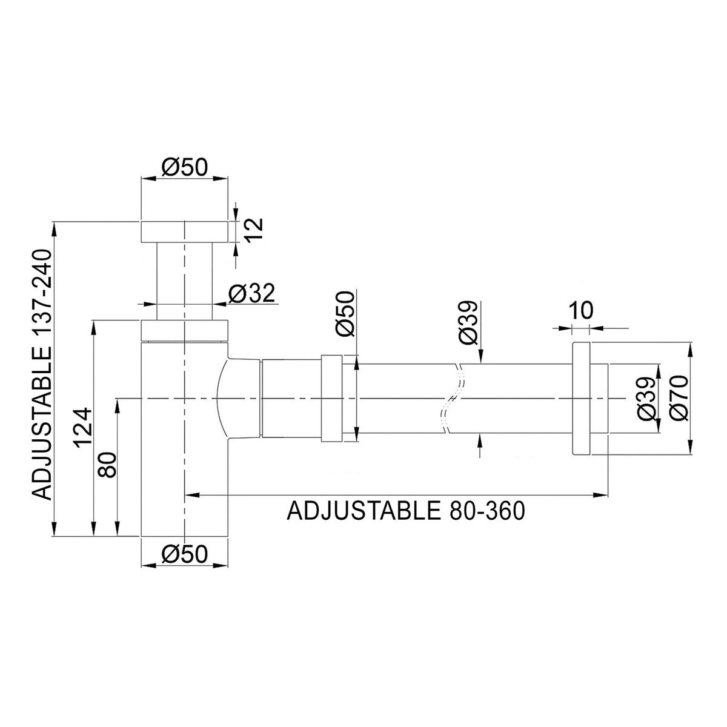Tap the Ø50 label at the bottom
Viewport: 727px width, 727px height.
coord(185,554)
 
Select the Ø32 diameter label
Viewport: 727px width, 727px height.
coord(251,293)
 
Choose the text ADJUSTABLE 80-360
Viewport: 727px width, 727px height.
coord(406,511)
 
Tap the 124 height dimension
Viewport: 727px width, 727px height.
coord(82,428)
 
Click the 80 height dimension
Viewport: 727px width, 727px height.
coord(107,465)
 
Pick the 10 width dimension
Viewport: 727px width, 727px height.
coord(581,311)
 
